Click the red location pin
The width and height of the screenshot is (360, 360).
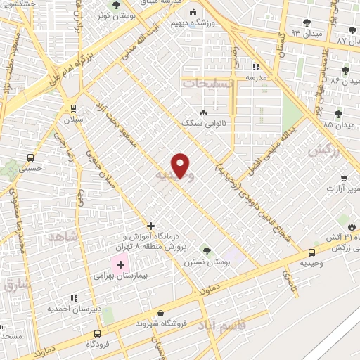(181, 165)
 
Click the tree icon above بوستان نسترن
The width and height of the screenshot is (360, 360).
(206, 250)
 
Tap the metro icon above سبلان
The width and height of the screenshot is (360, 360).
(73, 108)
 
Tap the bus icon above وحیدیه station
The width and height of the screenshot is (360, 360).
(312, 253)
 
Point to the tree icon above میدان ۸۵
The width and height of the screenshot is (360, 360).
(338, 113)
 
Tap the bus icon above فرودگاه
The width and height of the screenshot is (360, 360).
(97, 333)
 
